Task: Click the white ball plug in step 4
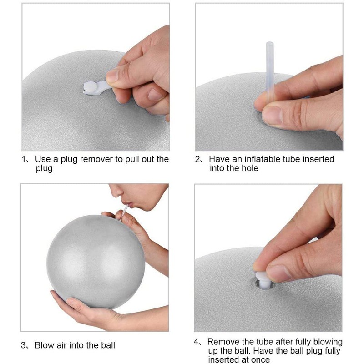tap(263, 278)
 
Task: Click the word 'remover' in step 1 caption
tap(110, 159)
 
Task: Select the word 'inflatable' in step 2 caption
tap(265, 159)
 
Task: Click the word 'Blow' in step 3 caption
tap(44, 344)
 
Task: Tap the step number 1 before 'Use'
tap(24, 159)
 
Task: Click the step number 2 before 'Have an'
tap(198, 159)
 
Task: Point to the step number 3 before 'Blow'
tap(24, 344)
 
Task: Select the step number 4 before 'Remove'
tap(197, 342)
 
